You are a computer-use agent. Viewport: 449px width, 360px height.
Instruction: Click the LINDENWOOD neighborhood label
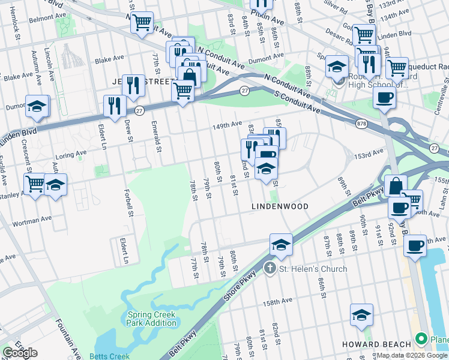pos(280,206)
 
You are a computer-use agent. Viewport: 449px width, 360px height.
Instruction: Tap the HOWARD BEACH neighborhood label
pos(376,344)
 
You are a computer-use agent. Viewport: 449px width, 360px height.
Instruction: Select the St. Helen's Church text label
pos(313,269)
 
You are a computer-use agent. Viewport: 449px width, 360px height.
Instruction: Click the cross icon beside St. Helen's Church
pos(270,269)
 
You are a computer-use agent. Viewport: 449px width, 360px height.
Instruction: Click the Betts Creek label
pos(109,356)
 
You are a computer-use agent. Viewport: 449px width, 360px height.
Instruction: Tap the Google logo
pos(20,353)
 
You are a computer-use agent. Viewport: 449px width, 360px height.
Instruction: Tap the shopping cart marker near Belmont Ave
pos(142,23)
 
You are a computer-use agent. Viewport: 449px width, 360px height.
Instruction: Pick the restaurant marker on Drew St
pos(113,106)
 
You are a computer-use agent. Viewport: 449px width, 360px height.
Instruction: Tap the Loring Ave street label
pos(73,155)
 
